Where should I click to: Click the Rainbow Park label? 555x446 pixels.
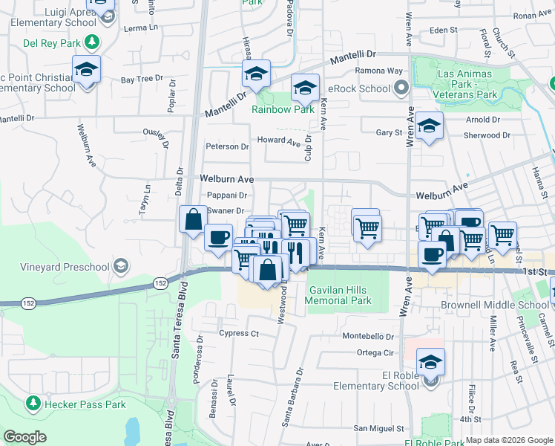pyautogui.click(x=283, y=109)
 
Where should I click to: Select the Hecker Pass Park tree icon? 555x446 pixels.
pyautogui.click(x=33, y=404)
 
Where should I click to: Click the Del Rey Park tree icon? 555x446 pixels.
pyautogui.click(x=92, y=42)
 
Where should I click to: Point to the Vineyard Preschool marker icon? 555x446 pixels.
pyautogui.click(x=120, y=266)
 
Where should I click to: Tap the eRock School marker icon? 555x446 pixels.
pyautogui.click(x=401, y=89)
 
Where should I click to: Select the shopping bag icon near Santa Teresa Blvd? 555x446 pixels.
pyautogui.click(x=193, y=219)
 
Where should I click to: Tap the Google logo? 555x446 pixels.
pyautogui.click(x=25, y=436)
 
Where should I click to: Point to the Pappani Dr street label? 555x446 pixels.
pyautogui.click(x=226, y=195)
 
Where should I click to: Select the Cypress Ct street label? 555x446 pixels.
pyautogui.click(x=238, y=333)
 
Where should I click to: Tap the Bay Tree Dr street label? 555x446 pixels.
pyautogui.click(x=142, y=78)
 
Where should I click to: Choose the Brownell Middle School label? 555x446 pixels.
pyautogui.click(x=504, y=305)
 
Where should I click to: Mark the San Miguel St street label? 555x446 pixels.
pyautogui.click(x=378, y=428)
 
